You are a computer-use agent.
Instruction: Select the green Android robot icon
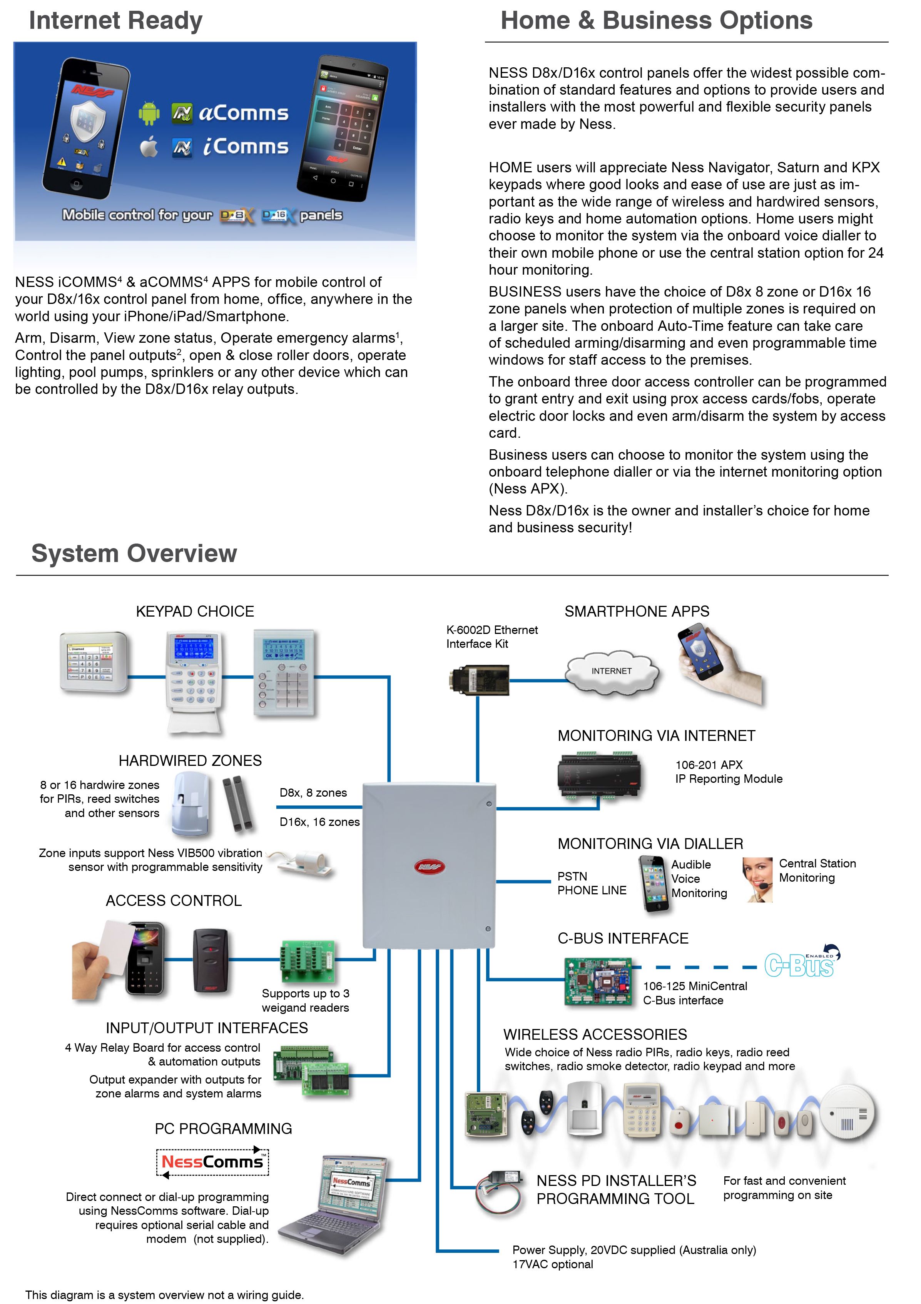[x=149, y=113]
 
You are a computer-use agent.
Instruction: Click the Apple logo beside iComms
[x=149, y=147]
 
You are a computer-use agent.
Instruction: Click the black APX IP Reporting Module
[x=599, y=775]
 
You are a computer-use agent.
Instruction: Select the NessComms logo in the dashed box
[x=212, y=1162]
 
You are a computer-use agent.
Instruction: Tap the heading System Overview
[x=134, y=553]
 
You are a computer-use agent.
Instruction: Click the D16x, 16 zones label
[x=319, y=822]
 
